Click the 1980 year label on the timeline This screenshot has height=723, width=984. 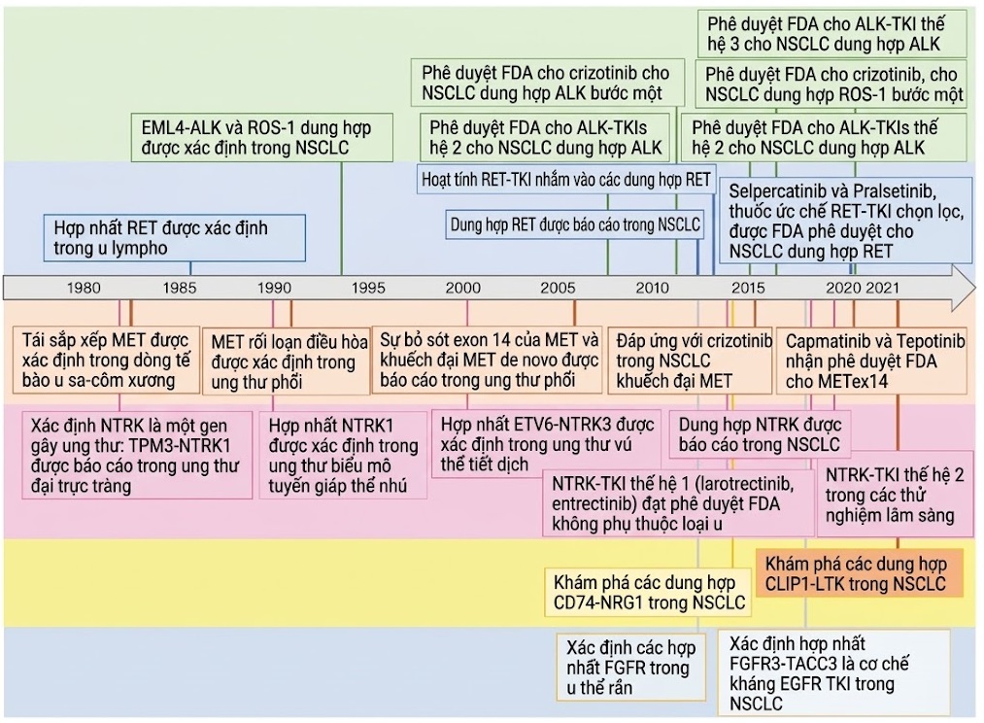coord(84,288)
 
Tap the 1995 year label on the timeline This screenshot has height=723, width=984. coord(368,288)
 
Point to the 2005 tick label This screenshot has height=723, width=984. coord(558,288)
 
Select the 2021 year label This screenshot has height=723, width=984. coord(882,288)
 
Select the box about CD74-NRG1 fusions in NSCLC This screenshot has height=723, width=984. coord(647,593)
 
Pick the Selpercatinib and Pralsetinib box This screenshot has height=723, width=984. coord(846,220)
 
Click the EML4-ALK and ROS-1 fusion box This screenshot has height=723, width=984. coord(262,137)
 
